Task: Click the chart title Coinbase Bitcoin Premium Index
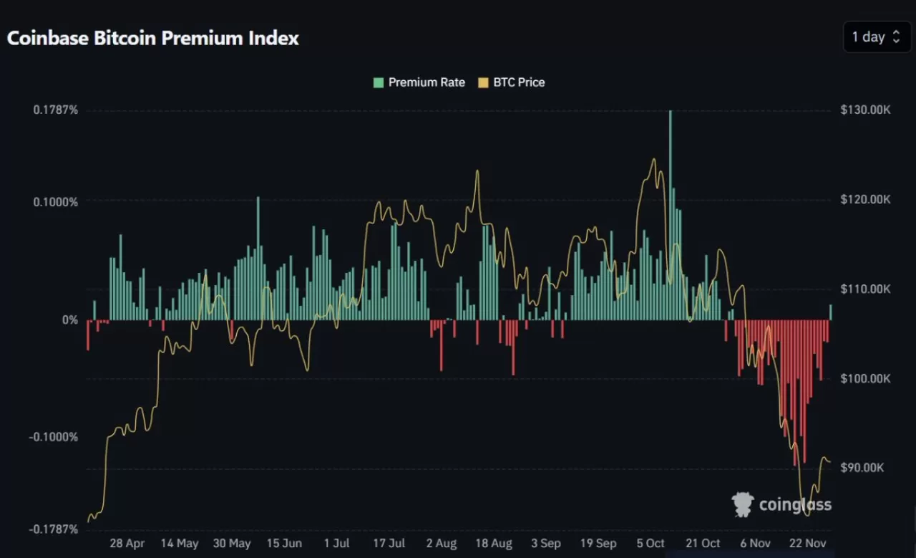tap(152, 38)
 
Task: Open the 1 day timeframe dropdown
tap(877, 37)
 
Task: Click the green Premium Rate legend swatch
tap(378, 82)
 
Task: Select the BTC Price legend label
tap(519, 82)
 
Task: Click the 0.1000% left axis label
tap(55, 202)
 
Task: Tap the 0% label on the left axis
tap(69, 319)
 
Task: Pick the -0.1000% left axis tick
tap(54, 437)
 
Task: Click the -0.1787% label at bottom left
tap(54, 529)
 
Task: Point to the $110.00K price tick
tap(865, 289)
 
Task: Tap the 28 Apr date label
tap(127, 544)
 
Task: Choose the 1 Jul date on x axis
tap(336, 544)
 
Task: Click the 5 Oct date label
tap(650, 544)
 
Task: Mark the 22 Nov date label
tap(807, 544)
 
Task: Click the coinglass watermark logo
tap(781, 504)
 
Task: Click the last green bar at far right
tap(830, 312)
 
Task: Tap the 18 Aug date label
tap(493, 544)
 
